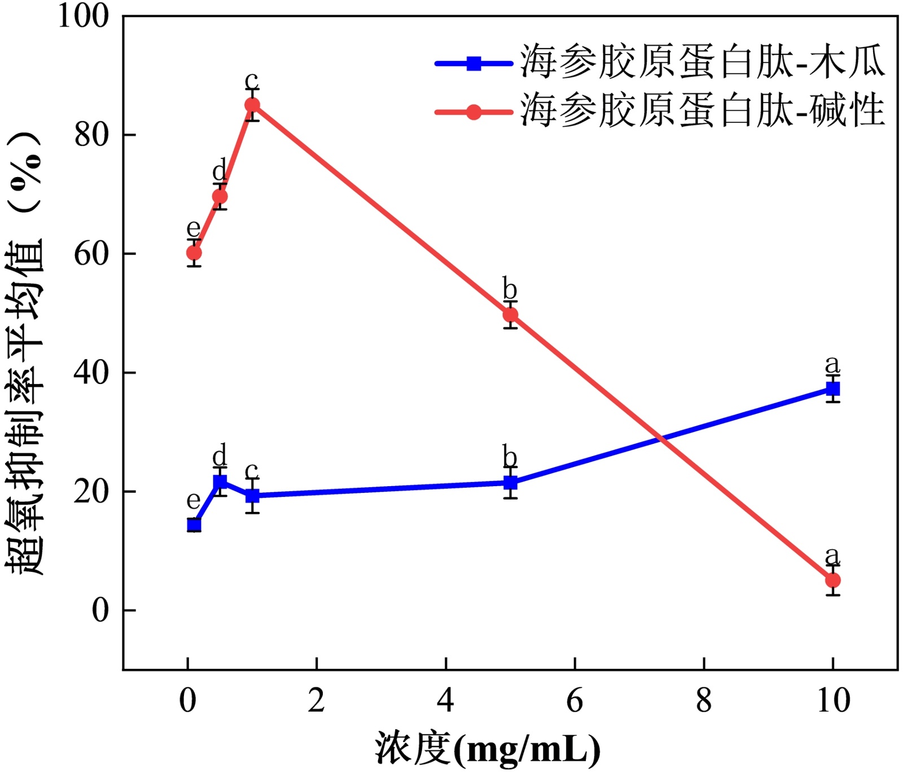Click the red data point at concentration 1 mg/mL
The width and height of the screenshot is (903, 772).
pos(252,105)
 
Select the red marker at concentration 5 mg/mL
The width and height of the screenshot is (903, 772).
pos(510,315)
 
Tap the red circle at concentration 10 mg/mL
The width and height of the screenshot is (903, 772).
pos(833,580)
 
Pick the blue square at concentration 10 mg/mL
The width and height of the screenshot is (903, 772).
pos(833,389)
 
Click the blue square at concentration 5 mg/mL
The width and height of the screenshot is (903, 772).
pos(510,483)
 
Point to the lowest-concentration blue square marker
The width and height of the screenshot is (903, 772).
pos(194,526)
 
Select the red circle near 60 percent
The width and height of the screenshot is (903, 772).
pos(194,253)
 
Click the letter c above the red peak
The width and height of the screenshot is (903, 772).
pos(252,80)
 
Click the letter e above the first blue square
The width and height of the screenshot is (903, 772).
pos(194,500)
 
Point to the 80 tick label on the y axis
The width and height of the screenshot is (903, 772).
pos(91,135)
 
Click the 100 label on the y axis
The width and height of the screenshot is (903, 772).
pos(83,16)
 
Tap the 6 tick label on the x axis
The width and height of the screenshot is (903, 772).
pos(575,701)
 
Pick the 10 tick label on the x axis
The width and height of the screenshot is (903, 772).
pos(833,701)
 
